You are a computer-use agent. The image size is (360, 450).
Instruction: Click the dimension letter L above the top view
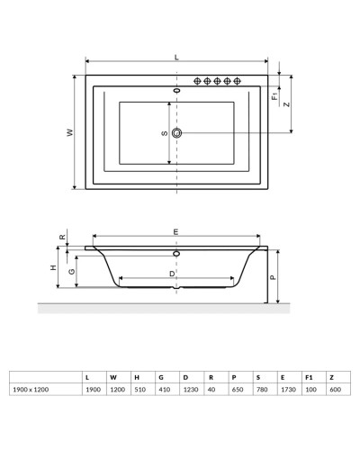coord(176,57)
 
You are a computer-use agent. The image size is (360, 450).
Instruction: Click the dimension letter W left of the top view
coord(69,132)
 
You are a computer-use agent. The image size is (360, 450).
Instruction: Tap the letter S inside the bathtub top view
coord(164,133)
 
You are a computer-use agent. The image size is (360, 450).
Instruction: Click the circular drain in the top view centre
coord(176,133)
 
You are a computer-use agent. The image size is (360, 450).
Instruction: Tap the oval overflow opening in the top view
coord(176,91)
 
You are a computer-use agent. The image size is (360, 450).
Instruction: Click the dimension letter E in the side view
coord(175,233)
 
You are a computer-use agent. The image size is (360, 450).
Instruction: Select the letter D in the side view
coord(172,273)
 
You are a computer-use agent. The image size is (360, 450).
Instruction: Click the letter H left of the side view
coord(53,268)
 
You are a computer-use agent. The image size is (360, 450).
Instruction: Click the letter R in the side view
coord(62,238)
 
